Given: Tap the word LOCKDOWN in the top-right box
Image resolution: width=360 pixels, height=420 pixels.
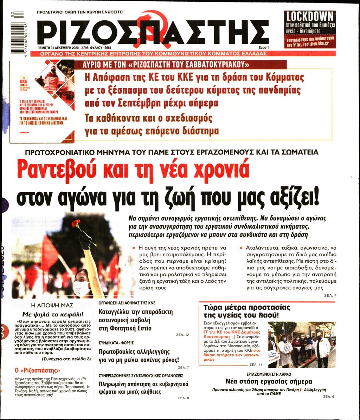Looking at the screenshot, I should [x=309, y=16].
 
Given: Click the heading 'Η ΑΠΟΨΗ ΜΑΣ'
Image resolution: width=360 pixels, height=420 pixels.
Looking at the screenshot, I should [x=53, y=305].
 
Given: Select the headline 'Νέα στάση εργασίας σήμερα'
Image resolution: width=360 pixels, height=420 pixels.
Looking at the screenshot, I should [x=269, y=382].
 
